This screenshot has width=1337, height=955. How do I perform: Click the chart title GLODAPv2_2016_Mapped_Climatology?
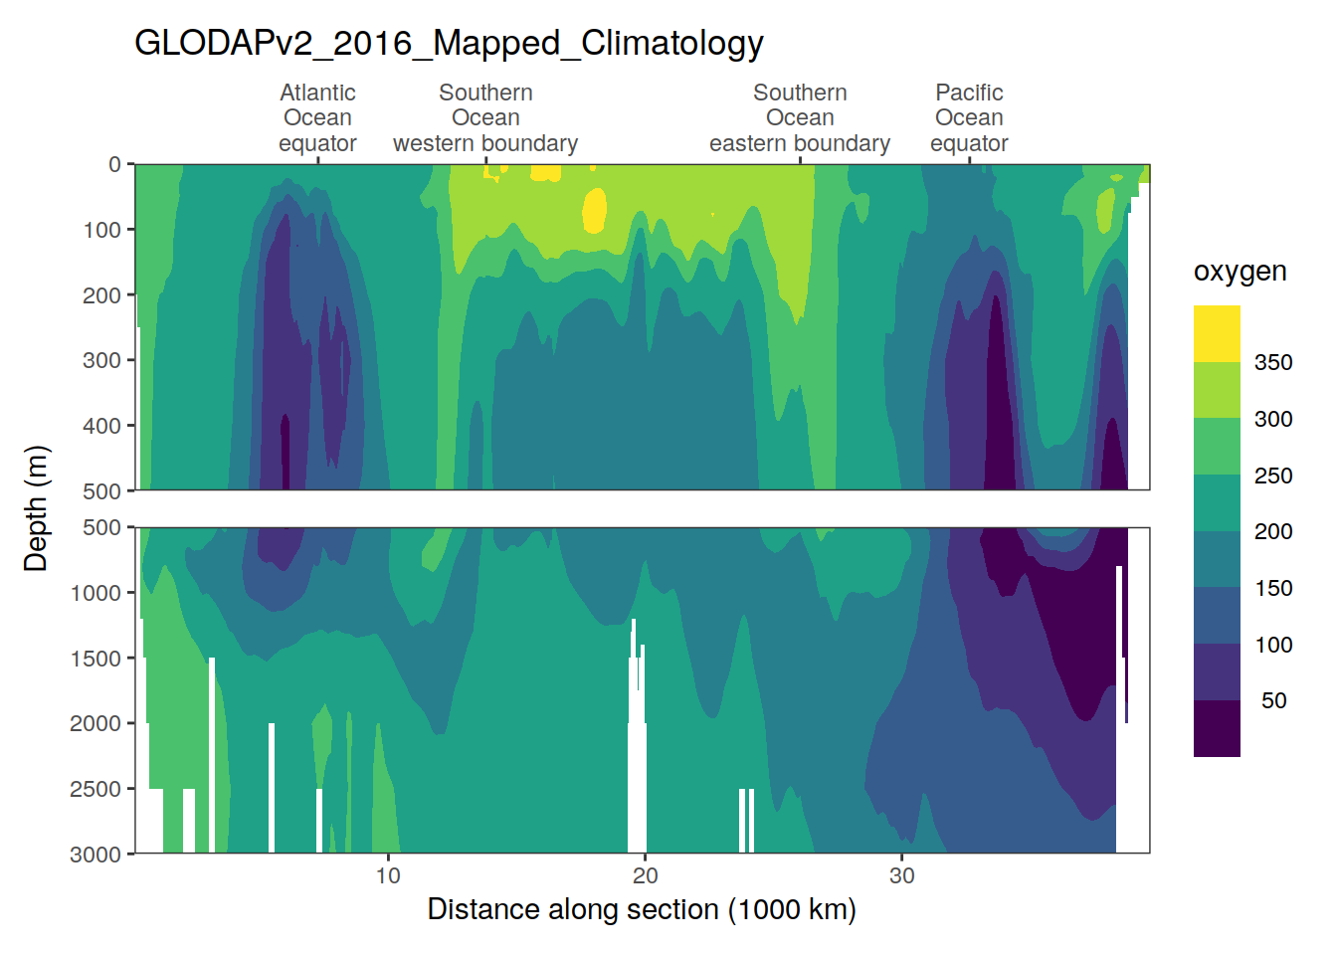pyautogui.click(x=449, y=43)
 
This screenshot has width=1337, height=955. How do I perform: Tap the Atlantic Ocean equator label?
pyautogui.click(x=317, y=118)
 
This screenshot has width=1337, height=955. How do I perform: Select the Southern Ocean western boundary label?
pyautogui.click(x=485, y=118)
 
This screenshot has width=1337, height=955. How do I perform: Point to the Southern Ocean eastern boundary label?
pyautogui.click(x=800, y=118)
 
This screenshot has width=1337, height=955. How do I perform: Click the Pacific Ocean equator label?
pyautogui.click(x=969, y=118)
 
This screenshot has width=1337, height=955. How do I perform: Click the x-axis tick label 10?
pyautogui.click(x=388, y=875)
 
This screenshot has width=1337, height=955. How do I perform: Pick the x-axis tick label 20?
pyautogui.click(x=645, y=875)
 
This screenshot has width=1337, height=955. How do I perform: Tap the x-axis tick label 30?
pyautogui.click(x=901, y=875)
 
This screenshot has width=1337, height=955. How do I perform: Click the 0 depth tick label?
pyautogui.click(x=114, y=164)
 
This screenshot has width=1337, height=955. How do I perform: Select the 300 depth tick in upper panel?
pyautogui.click(x=101, y=360)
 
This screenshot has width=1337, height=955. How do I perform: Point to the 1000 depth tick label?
pyautogui.click(x=95, y=593)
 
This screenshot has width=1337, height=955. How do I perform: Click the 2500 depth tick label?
pyautogui.click(x=95, y=789)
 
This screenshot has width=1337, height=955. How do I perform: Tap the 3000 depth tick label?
pyautogui.click(x=95, y=855)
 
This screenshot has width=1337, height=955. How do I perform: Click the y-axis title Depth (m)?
pyautogui.click(x=36, y=508)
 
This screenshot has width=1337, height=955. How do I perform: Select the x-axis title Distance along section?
pyautogui.click(x=642, y=909)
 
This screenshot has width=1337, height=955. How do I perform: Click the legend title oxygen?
pyautogui.click(x=1240, y=272)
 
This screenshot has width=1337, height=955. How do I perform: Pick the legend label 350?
pyautogui.click(x=1273, y=362)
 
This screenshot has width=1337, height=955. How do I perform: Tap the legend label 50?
pyautogui.click(x=1273, y=700)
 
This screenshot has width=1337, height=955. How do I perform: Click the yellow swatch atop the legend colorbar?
pyautogui.click(x=1217, y=333)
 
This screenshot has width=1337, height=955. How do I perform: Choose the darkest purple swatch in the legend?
pyautogui.click(x=1217, y=728)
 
